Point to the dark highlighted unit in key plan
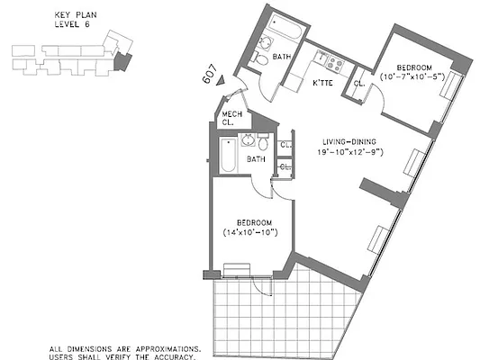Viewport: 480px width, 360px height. pos(122,60)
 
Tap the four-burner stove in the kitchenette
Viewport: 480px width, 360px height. pos(334,63)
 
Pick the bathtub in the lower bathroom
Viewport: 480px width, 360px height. pos(225,157)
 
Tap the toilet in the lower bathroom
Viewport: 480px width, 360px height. pos(263,144)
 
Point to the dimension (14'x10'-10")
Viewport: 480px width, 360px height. pos(250,232)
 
